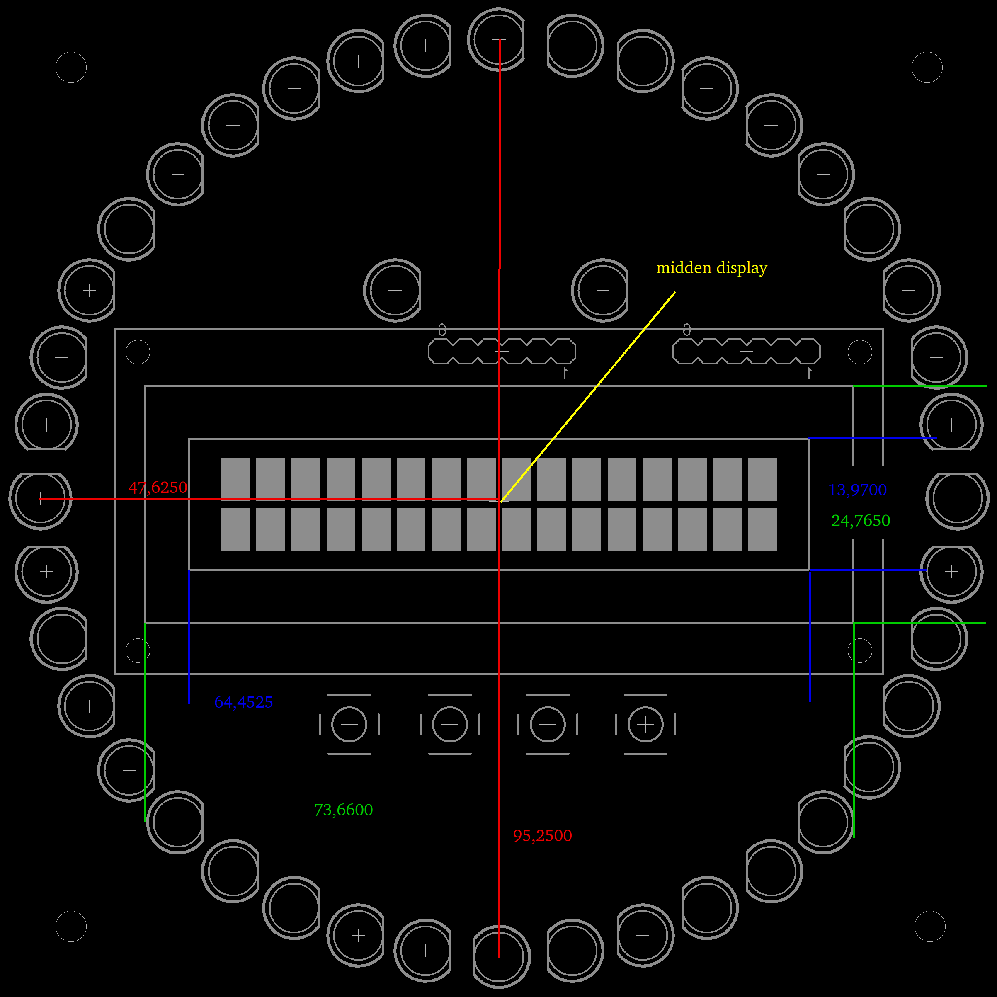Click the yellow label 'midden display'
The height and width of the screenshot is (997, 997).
712,268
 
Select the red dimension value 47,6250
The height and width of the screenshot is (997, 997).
158,487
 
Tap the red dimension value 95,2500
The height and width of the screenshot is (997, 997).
542,835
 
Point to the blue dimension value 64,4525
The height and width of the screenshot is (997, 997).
244,702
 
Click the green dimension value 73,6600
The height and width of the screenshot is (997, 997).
344,810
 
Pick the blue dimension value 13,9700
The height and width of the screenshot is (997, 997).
858,490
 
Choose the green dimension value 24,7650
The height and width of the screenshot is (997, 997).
861,521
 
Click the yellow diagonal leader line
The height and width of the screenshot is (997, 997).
587,397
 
